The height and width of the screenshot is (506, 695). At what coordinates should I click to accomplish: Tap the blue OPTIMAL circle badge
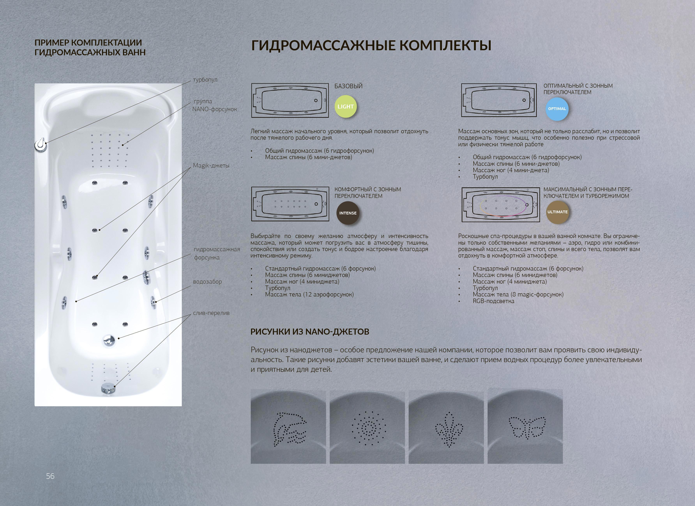(x=557, y=109)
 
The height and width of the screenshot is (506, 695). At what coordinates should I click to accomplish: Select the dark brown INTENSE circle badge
(x=348, y=213)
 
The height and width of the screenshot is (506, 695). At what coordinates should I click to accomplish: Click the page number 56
(x=50, y=476)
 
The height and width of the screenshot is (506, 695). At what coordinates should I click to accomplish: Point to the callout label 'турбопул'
(x=205, y=80)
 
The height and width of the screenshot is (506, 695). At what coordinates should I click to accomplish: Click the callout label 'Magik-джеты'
(x=211, y=165)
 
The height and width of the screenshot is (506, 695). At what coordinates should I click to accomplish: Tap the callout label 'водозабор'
(x=208, y=281)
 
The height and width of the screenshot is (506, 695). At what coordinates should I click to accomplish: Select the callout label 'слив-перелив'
(x=211, y=313)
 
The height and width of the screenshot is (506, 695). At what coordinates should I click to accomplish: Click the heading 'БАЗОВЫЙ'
(x=348, y=86)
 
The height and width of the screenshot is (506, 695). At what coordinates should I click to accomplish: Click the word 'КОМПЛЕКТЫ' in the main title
(x=446, y=46)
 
